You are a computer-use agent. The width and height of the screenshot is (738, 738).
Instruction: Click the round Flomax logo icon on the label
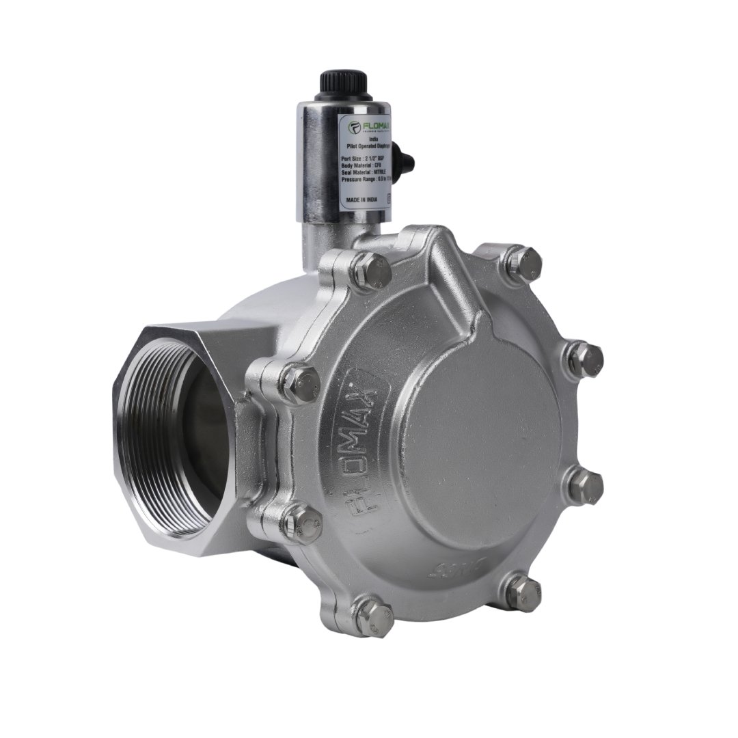355,126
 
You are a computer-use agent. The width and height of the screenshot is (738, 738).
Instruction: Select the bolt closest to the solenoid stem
373,269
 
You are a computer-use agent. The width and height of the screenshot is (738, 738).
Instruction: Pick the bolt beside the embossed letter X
300,383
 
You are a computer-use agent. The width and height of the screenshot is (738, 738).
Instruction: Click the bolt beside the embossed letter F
301,523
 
